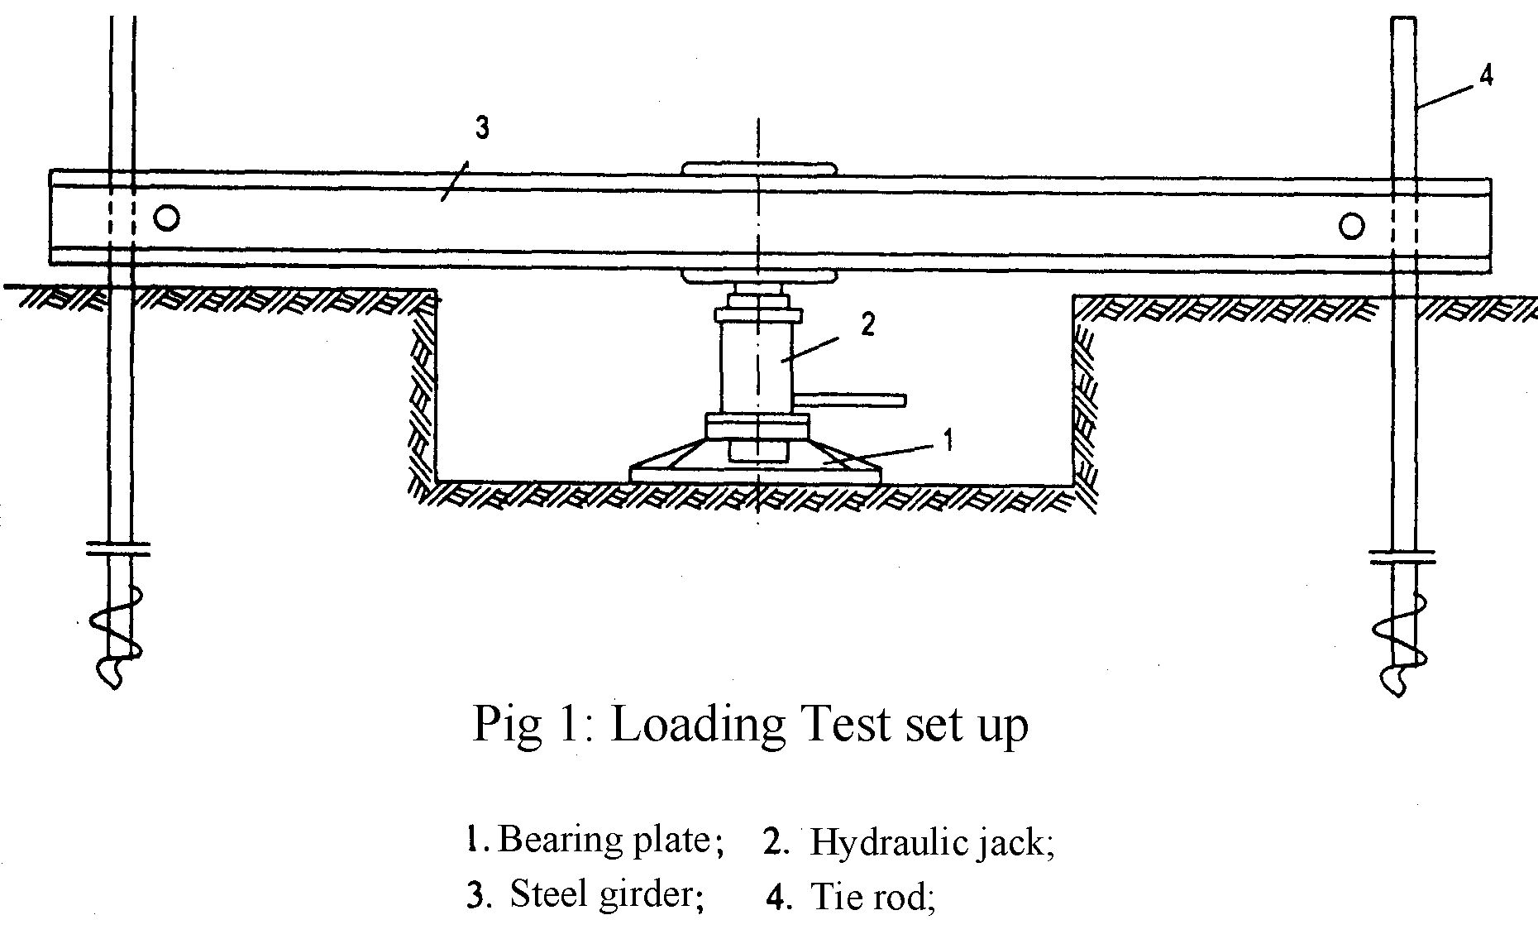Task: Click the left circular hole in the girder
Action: pos(166,218)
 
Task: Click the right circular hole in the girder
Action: pos(1351,226)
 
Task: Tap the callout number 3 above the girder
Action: pos(483,129)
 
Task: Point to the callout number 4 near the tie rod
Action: pos(1486,76)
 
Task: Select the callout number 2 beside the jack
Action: pos(867,324)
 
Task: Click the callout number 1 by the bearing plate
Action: pos(948,439)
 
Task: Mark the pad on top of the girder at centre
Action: pos(759,170)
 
